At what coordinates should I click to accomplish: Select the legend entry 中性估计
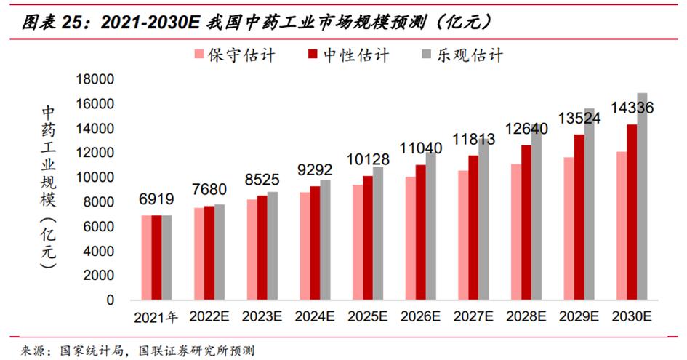pyautogui.click(x=347, y=55)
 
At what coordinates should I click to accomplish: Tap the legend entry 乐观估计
pyautogui.click(x=462, y=55)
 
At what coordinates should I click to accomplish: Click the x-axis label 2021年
pyautogui.click(x=156, y=317)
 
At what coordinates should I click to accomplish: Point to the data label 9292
pyautogui.click(x=314, y=170)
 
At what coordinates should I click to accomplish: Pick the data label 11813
pyautogui.click(x=473, y=139)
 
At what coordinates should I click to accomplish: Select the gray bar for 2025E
pyautogui.click(x=377, y=233)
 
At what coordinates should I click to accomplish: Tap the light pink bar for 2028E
pyautogui.click(x=516, y=232)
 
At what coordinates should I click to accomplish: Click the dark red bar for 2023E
pyautogui.click(x=262, y=247)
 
